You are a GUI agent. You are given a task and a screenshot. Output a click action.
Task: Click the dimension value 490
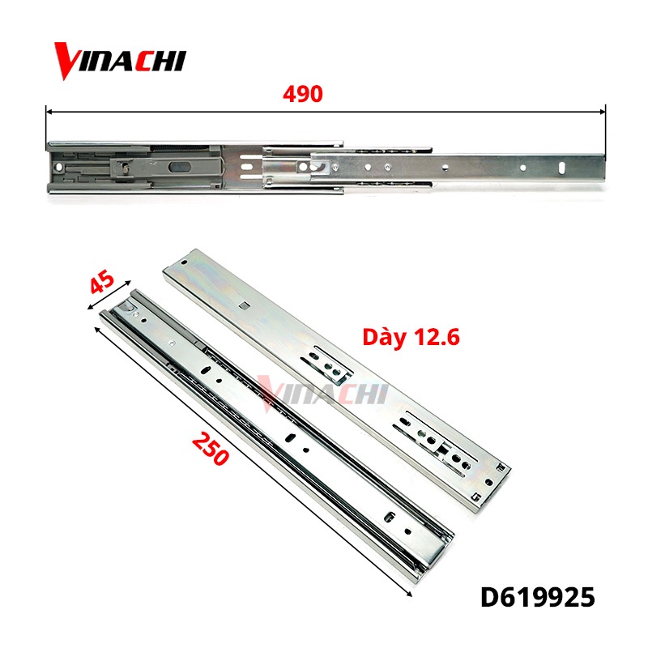point(303,94)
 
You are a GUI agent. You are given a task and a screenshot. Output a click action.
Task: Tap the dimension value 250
point(211,447)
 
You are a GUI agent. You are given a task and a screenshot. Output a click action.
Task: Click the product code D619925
point(538,598)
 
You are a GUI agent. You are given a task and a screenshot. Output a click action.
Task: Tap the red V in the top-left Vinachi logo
point(70,62)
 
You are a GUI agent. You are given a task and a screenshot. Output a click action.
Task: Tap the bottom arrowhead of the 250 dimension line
point(410,595)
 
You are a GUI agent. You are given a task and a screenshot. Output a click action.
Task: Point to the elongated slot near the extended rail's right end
point(561,167)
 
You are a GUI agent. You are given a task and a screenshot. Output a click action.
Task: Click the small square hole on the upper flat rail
point(244,305)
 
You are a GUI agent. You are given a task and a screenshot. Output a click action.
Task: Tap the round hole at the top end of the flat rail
point(185,263)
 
